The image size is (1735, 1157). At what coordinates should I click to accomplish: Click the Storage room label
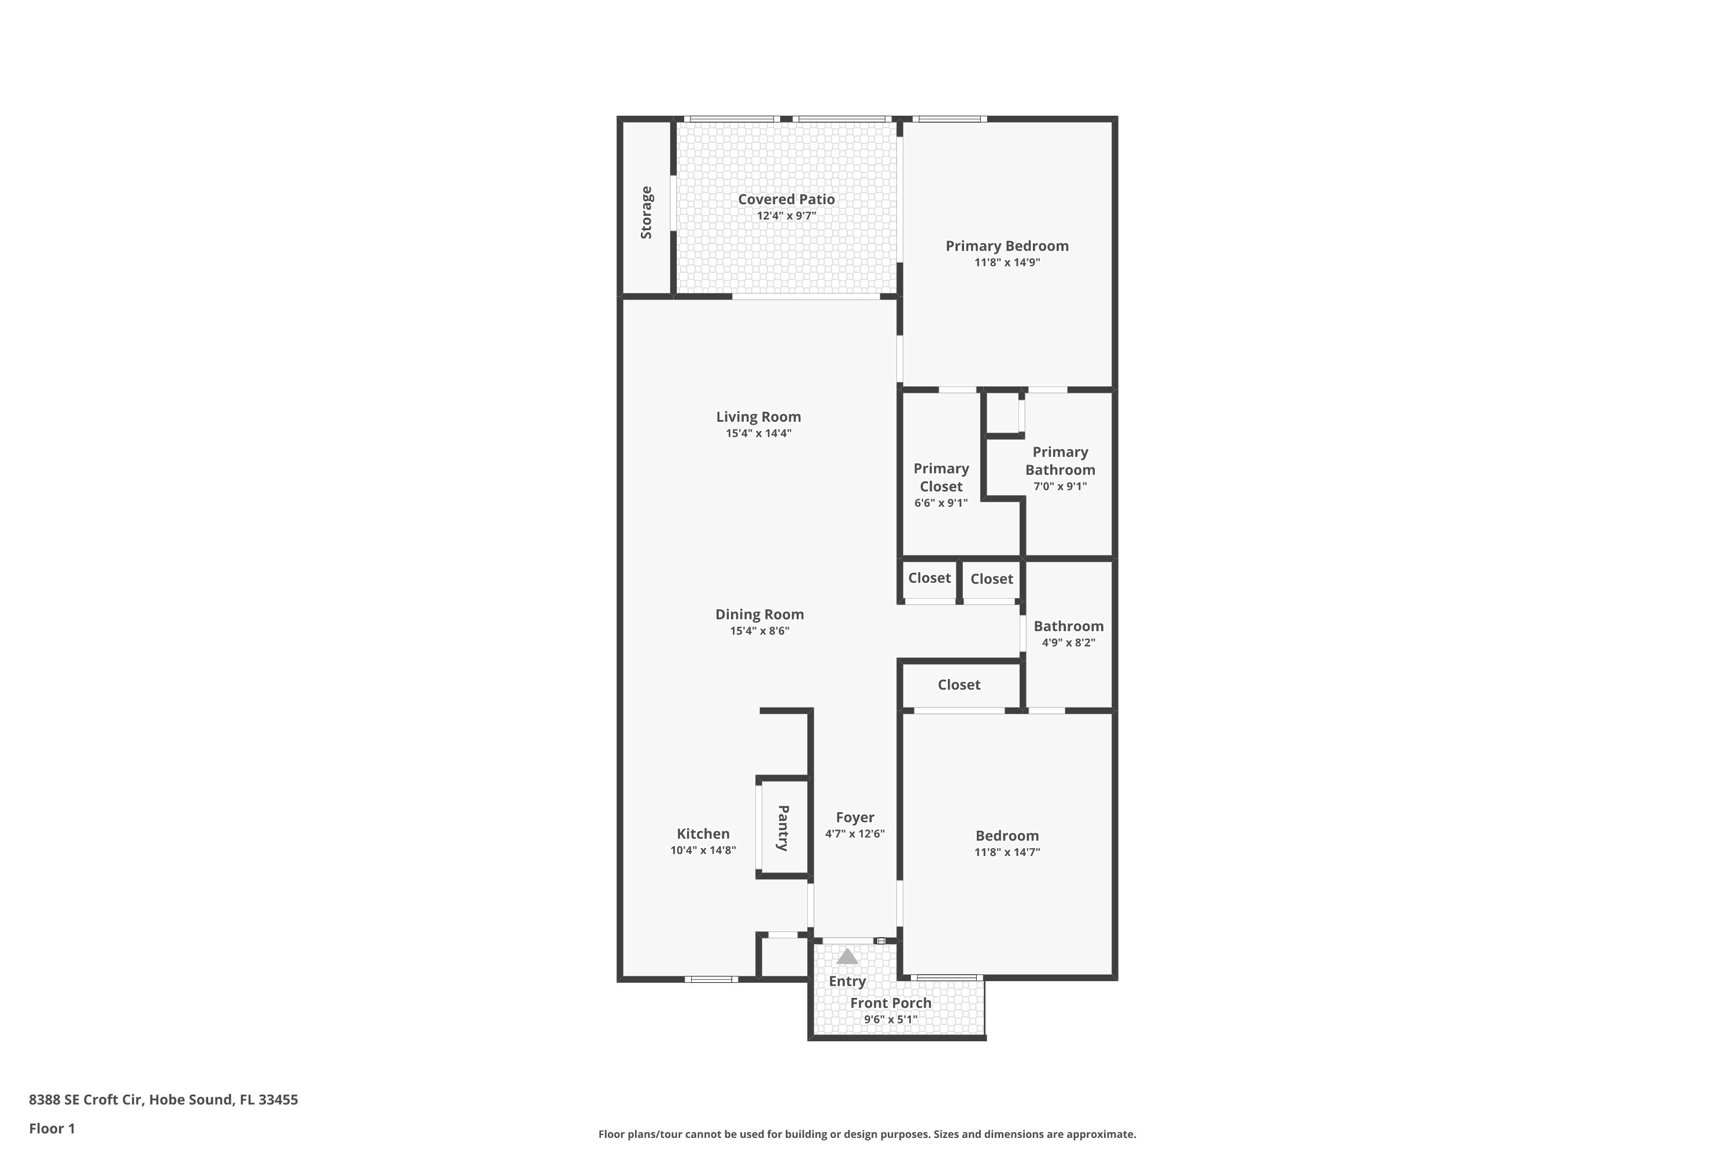[646, 212]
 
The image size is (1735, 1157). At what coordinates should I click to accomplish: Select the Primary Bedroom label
[1007, 246]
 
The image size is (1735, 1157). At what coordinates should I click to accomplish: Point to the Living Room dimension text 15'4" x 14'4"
[758, 433]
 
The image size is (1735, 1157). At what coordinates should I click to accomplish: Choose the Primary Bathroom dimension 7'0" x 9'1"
[1060, 487]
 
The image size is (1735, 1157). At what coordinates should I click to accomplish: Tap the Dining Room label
[759, 614]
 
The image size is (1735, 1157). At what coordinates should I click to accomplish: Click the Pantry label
[784, 828]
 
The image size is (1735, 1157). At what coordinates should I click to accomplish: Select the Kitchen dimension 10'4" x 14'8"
[703, 850]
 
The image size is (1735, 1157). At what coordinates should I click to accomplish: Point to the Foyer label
[855, 817]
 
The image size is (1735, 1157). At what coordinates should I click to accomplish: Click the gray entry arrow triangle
[847, 957]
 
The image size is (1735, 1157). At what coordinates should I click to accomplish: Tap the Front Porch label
[891, 1003]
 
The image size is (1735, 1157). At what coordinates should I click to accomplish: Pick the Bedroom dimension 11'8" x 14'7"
[1007, 852]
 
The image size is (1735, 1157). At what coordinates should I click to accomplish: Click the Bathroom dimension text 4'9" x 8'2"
[1068, 643]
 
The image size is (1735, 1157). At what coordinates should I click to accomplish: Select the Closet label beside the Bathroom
[991, 579]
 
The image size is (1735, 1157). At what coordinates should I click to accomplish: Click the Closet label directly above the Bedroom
[959, 685]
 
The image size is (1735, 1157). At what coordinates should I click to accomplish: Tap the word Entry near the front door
[847, 981]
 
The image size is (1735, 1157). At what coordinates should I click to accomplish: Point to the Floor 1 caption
[51, 1128]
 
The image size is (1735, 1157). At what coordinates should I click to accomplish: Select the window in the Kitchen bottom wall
[711, 979]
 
